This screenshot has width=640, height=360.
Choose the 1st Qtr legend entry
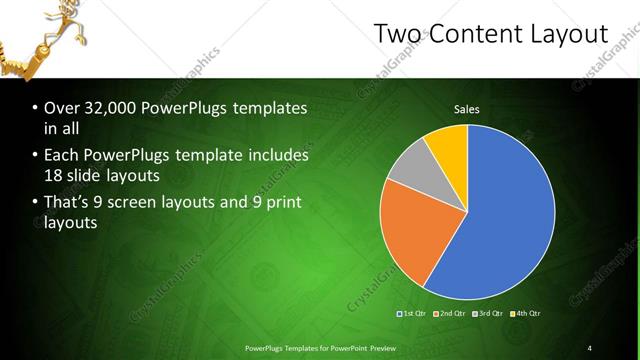point(414,313)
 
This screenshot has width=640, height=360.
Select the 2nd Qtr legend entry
point(451,313)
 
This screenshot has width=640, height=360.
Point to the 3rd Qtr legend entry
point(488,313)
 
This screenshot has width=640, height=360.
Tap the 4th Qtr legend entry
point(526,313)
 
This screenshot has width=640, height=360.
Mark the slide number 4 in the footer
point(589,347)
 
